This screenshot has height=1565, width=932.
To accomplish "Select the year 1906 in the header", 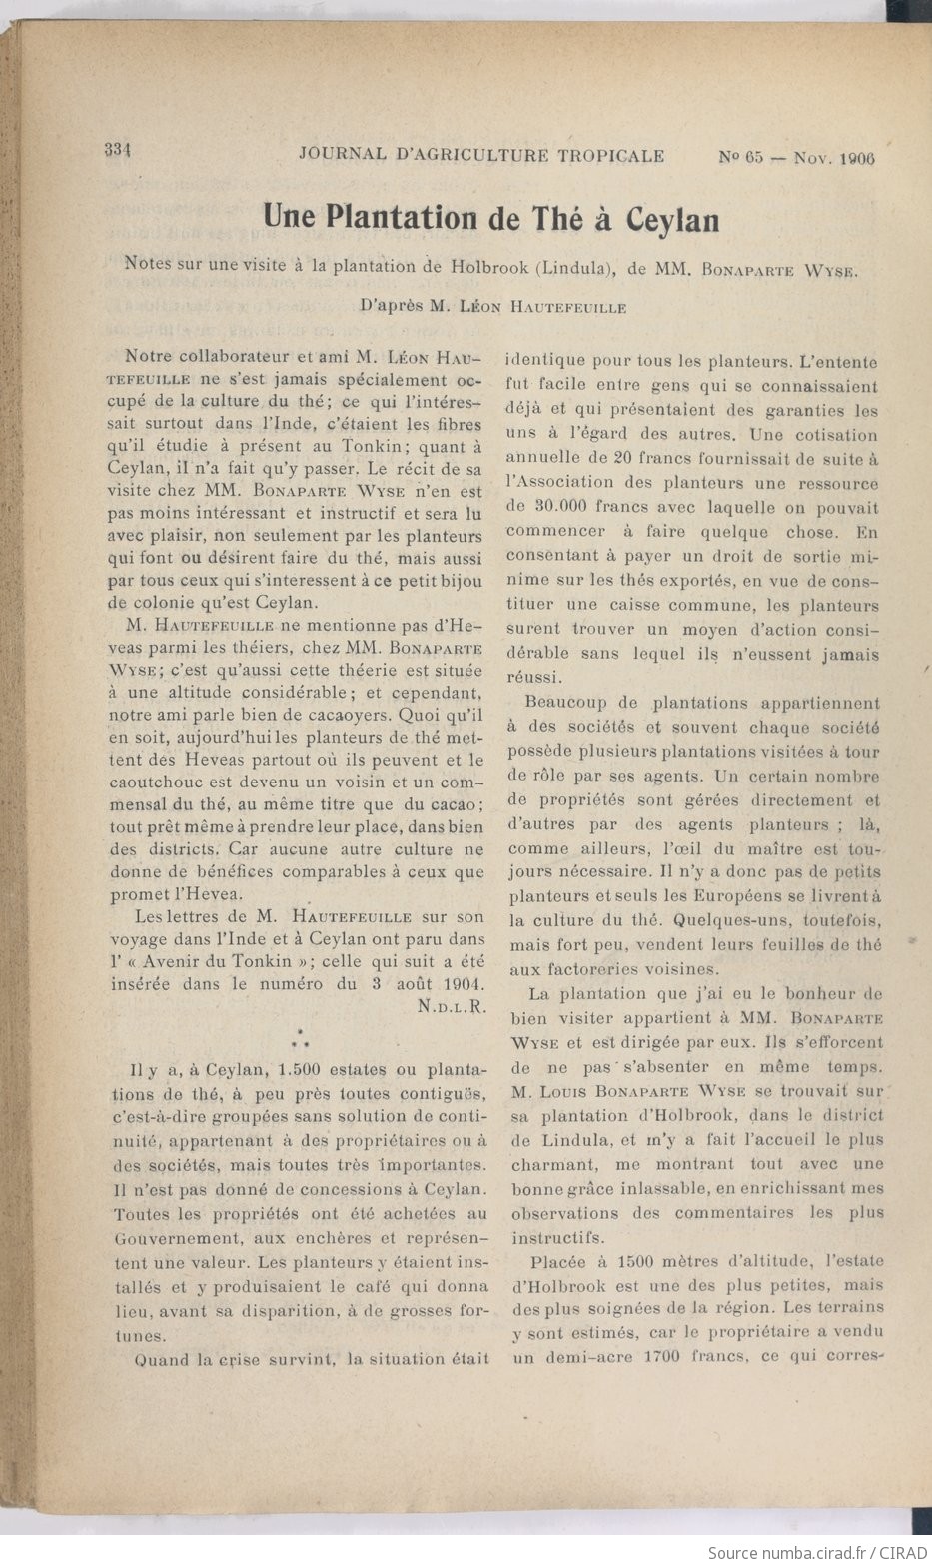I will click(858, 158).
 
